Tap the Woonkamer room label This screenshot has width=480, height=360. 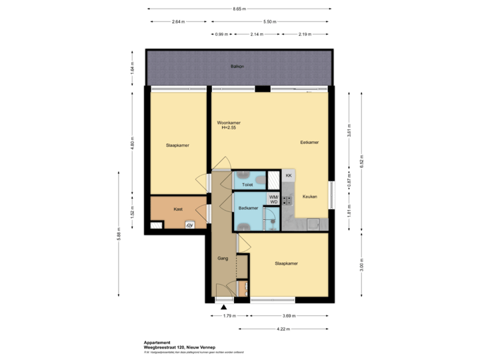tap(229, 123)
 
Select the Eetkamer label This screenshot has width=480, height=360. tap(309, 142)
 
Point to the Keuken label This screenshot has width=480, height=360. tap(309, 197)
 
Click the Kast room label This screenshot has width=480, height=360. tap(178, 209)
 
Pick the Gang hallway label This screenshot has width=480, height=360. tap(223, 257)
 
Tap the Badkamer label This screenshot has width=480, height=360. tap(248, 209)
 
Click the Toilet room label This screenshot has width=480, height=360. tap(247, 185)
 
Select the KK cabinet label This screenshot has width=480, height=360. tap(289, 175)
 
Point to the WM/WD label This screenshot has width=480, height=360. tap(273, 199)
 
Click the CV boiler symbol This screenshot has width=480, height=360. tap(190, 225)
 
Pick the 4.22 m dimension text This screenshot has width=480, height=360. tap(283, 328)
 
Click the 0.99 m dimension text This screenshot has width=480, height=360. tap(221, 33)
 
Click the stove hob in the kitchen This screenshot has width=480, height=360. tap(288, 199)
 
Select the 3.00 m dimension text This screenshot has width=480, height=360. tap(361, 265)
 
